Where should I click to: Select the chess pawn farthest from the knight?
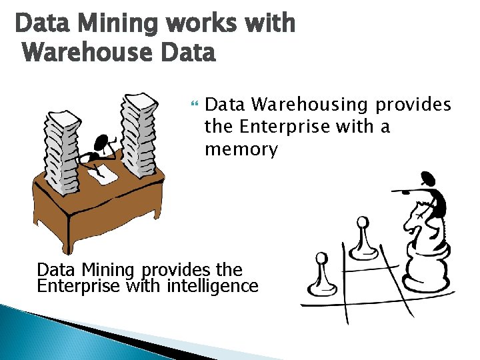(x=321, y=275)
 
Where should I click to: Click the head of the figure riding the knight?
(x=428, y=178)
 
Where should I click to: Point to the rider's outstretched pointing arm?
(x=410, y=191)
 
